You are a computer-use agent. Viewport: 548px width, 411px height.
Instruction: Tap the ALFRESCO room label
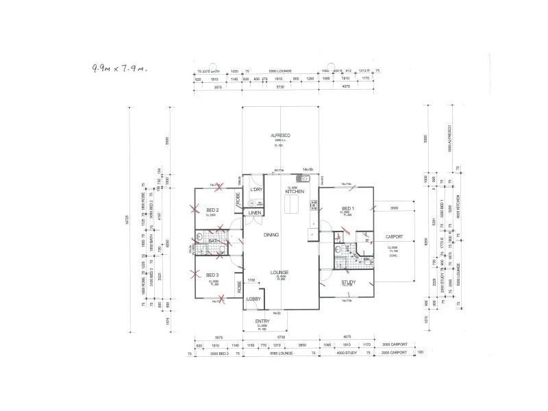point(280,136)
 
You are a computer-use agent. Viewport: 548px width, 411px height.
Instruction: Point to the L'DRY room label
point(256,190)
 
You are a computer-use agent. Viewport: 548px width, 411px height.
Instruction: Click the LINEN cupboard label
point(255,213)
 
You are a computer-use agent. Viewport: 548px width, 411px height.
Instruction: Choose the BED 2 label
point(212,210)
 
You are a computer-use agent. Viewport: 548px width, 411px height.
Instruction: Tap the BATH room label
point(214,240)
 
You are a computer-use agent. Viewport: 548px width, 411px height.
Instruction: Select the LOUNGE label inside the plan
point(279,272)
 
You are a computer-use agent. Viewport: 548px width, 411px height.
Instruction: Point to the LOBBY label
point(254,299)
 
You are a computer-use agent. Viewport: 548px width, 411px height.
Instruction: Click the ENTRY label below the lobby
point(262,321)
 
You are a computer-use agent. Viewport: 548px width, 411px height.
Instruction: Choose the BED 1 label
point(348,208)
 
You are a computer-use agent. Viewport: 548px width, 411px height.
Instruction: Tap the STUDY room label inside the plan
point(347,281)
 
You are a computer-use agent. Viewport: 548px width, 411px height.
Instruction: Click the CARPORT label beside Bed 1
point(395,236)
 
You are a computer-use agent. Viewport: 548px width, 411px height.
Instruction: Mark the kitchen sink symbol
point(310,179)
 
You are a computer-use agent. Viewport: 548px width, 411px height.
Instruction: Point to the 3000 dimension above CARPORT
point(394,208)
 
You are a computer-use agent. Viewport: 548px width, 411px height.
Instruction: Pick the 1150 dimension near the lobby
point(251,280)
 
